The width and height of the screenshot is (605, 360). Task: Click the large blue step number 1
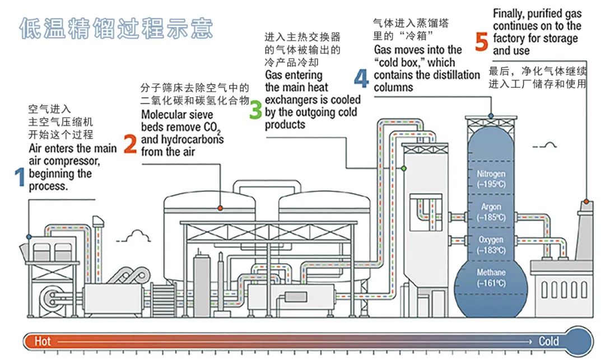click(20, 177)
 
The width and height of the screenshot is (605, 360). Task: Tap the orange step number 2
click(130, 144)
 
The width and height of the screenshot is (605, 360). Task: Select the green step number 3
click(255, 110)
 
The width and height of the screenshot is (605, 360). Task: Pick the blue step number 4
click(361, 78)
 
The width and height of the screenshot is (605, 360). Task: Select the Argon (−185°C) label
click(491, 212)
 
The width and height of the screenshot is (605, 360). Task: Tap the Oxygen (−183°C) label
click(491, 244)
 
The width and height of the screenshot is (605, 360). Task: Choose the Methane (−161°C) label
click(491, 278)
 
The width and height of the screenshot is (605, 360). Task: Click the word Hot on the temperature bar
click(43, 341)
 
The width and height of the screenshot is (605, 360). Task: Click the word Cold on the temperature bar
click(548, 341)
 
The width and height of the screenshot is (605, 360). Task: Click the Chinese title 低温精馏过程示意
click(116, 28)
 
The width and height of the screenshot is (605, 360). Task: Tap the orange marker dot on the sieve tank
click(220, 208)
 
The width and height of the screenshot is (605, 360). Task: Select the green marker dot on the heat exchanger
click(403, 168)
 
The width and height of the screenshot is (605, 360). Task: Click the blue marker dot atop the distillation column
click(491, 116)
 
